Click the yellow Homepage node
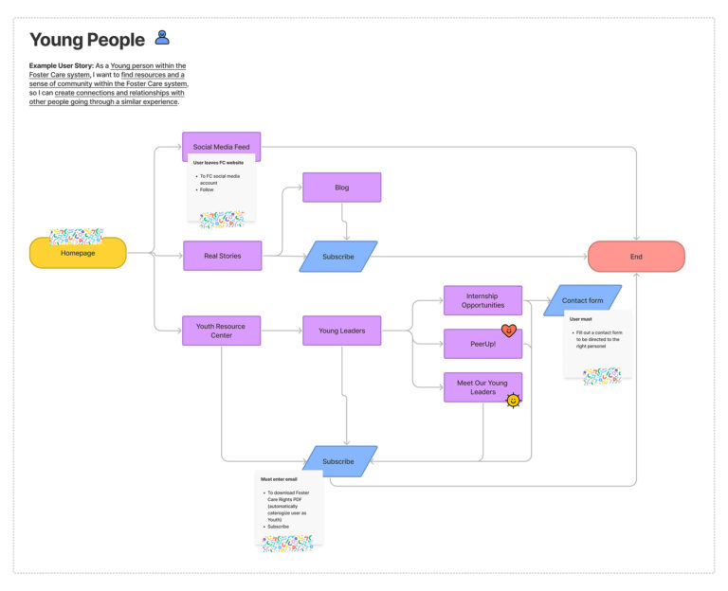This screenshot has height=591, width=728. coord(78,253)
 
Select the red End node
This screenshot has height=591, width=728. coord(636,256)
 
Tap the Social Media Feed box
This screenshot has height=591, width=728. coord(221,146)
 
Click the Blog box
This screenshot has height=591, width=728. coord(341,188)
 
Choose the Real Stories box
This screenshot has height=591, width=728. coord(222,256)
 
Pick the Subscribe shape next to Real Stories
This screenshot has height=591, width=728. coord(338,256)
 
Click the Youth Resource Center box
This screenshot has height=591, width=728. coord(221,331)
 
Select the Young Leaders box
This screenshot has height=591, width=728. coord(341,331)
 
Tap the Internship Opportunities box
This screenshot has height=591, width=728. coord(482,300)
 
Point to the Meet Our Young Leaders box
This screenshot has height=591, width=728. coord(482,387)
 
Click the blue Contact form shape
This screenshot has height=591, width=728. coord(582,300)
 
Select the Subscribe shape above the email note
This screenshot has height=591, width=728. coord(338,461)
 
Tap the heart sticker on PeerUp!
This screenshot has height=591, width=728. coord(509,331)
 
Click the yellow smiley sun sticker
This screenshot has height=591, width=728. coord(513,400)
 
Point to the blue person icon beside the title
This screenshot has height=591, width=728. coord(162,38)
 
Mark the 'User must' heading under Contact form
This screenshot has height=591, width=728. coord(581,319)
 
